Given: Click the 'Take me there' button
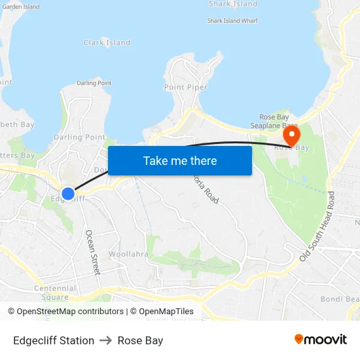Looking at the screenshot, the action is [180, 160].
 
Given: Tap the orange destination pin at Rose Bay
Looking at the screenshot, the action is [291, 136].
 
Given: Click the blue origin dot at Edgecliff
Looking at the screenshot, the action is [68, 194].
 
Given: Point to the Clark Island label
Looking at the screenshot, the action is [107, 43].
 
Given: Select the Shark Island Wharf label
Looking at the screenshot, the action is [232, 21].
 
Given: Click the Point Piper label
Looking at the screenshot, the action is [186, 88].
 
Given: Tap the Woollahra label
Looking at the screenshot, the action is [128, 254].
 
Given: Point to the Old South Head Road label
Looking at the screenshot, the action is [317, 227].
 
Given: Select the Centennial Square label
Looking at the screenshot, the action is [55, 292].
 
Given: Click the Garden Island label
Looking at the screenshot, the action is [21, 7].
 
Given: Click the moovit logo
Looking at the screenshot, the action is [320, 339].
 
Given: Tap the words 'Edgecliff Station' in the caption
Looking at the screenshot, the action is [54, 340].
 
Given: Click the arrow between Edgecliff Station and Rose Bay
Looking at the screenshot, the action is [106, 340].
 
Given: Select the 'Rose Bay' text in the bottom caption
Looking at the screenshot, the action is [140, 340].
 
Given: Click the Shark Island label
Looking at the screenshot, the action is [232, 4].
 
